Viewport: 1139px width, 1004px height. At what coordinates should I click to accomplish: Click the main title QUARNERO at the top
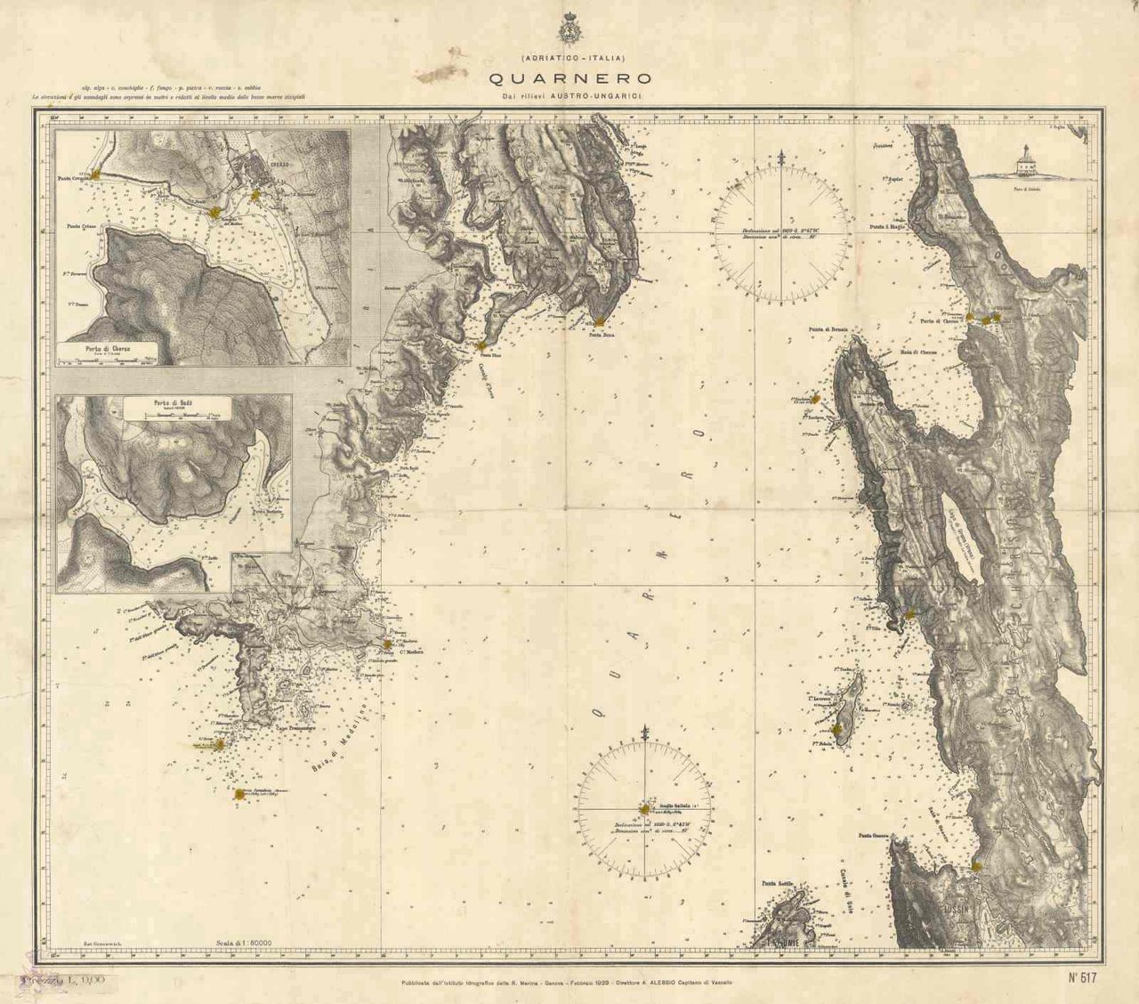[x=569, y=78]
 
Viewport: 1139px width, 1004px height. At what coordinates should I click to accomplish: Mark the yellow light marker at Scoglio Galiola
[x=644, y=809]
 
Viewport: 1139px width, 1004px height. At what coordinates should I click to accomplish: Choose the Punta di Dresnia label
[x=828, y=329]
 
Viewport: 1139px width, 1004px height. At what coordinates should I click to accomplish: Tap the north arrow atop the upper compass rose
[x=781, y=160]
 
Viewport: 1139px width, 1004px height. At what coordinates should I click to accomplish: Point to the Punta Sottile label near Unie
[x=777, y=883]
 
